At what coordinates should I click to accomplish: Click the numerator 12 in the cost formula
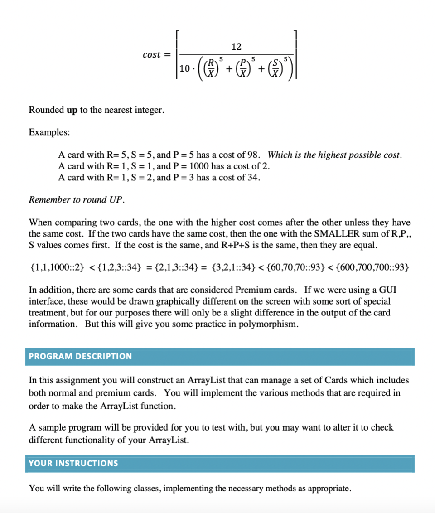236,47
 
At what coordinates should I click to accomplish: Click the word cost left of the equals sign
151,55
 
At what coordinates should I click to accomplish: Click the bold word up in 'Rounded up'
72,110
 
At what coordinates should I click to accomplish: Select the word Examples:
49,132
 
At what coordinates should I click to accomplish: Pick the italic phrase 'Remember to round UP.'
77,200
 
